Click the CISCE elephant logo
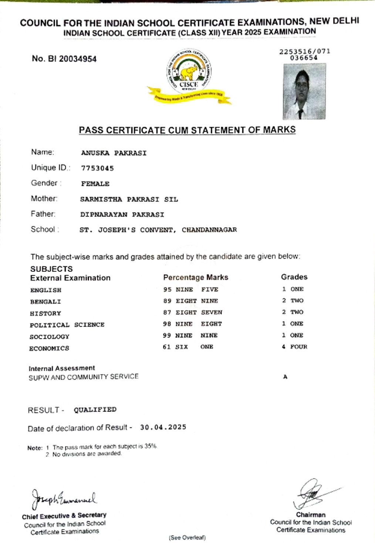point(189,74)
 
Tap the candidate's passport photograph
point(304,91)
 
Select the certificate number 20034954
point(78,59)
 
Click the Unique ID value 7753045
point(97,168)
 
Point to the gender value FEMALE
point(95,184)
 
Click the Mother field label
point(44,199)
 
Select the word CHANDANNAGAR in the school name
point(209,230)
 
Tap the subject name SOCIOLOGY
point(49,337)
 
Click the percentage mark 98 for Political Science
point(167,324)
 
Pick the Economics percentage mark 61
point(167,347)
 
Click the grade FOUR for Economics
point(299,347)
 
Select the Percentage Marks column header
point(196,277)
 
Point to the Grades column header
point(294,277)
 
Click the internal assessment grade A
point(285,377)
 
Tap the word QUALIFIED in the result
point(95,410)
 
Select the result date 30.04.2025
point(163,427)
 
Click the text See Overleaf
point(187,537)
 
